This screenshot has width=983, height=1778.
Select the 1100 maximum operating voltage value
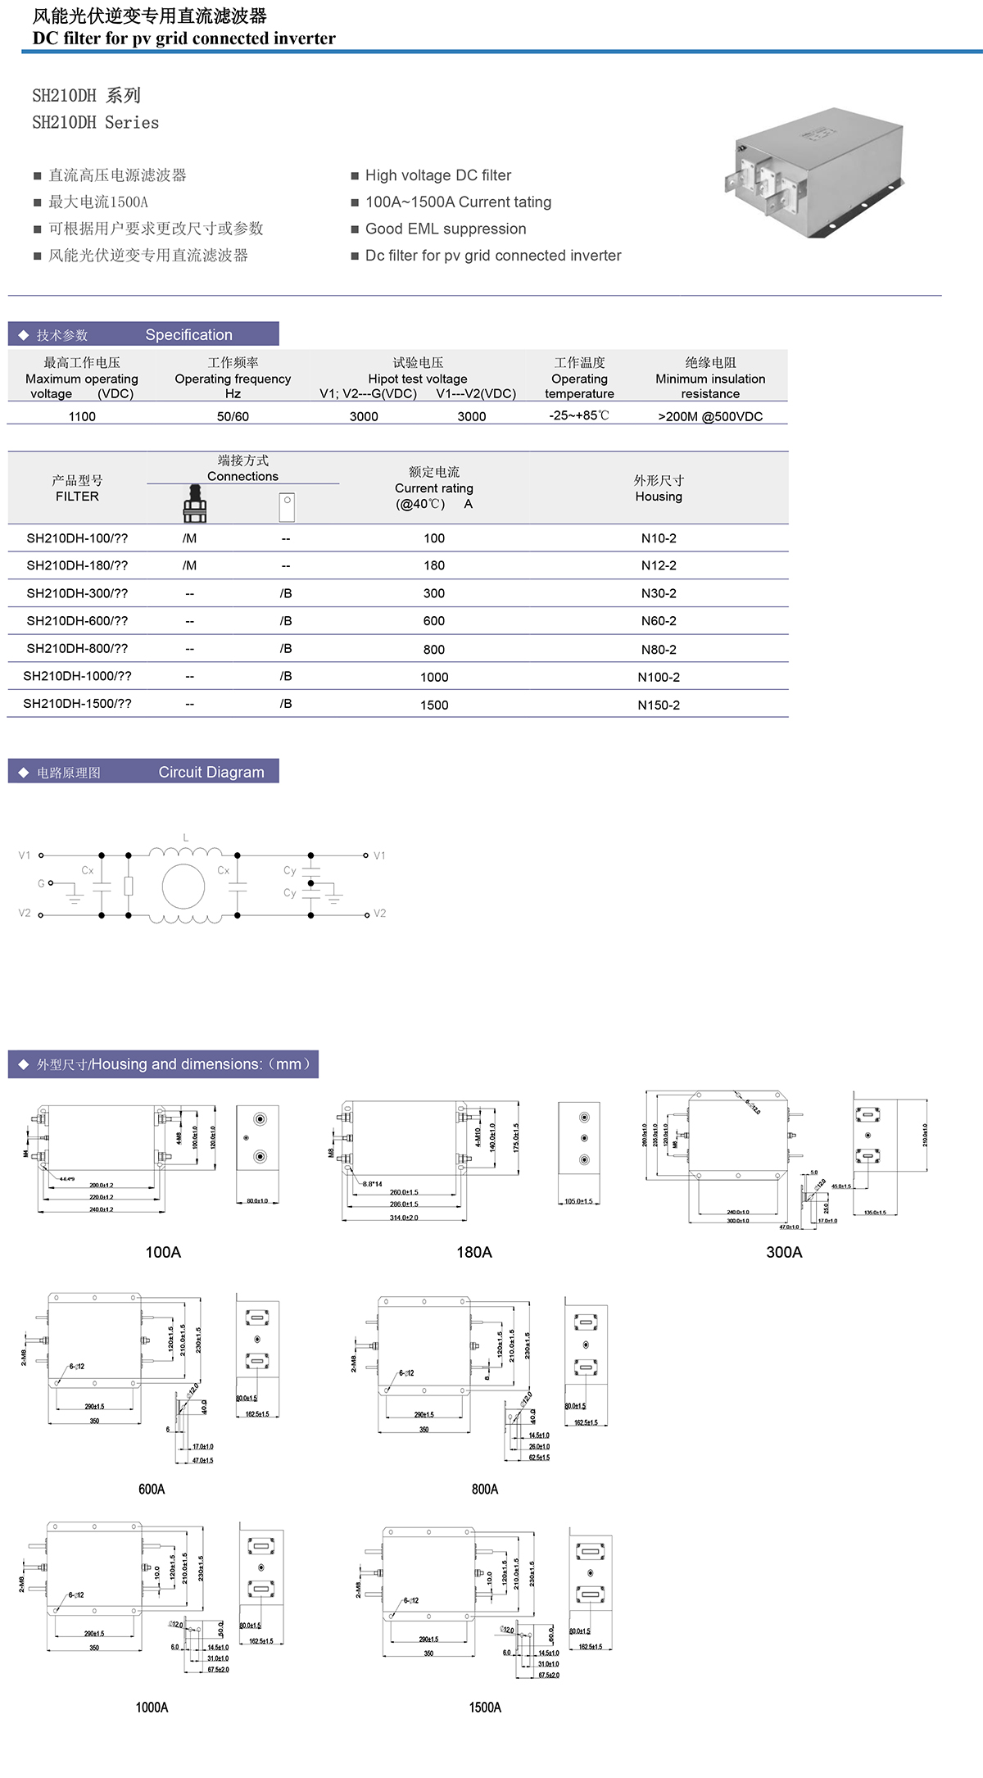[82, 416]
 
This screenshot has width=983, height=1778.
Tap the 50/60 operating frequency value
[233, 416]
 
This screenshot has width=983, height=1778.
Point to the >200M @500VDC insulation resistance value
[710, 416]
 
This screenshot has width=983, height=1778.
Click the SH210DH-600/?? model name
[77, 621]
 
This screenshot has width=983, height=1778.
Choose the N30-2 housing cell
[659, 593]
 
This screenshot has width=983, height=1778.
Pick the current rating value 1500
[434, 705]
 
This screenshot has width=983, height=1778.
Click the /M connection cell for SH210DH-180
[189, 565]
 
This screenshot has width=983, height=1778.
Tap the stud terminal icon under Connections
[194, 504]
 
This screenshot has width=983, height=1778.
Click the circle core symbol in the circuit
[183, 886]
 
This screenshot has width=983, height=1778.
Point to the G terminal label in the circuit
[41, 883]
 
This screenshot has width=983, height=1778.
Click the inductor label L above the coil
[186, 837]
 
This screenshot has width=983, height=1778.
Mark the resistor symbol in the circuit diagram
[128, 886]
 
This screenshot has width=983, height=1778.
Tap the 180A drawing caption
[474, 1252]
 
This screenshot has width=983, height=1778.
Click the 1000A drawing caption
[152, 1708]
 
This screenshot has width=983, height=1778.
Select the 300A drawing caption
[784, 1252]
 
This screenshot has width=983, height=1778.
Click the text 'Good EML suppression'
[446, 229]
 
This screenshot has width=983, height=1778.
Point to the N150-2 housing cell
[659, 705]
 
